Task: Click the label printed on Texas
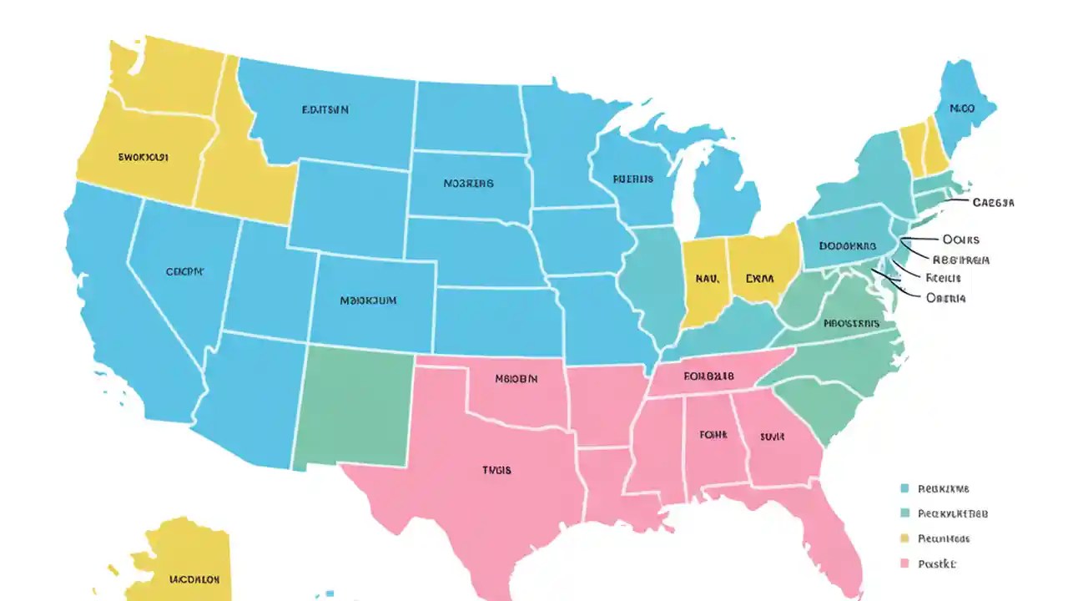tap(496, 470)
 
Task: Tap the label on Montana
tap(325, 109)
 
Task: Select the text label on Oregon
tap(144, 156)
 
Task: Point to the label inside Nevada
tap(184, 271)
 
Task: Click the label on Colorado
tap(368, 299)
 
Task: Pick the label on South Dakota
tap(468, 183)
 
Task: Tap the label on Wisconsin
tap(632, 179)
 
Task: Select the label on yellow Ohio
tap(759, 277)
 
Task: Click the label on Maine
tap(961, 109)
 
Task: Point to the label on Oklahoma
tap(516, 378)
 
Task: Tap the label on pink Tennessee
tap(708, 376)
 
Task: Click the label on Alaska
tap(194, 578)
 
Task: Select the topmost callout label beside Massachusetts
tap(993, 202)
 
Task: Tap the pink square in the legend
tap(904, 564)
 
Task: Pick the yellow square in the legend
tap(904, 538)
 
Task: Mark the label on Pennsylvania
tap(847, 246)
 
